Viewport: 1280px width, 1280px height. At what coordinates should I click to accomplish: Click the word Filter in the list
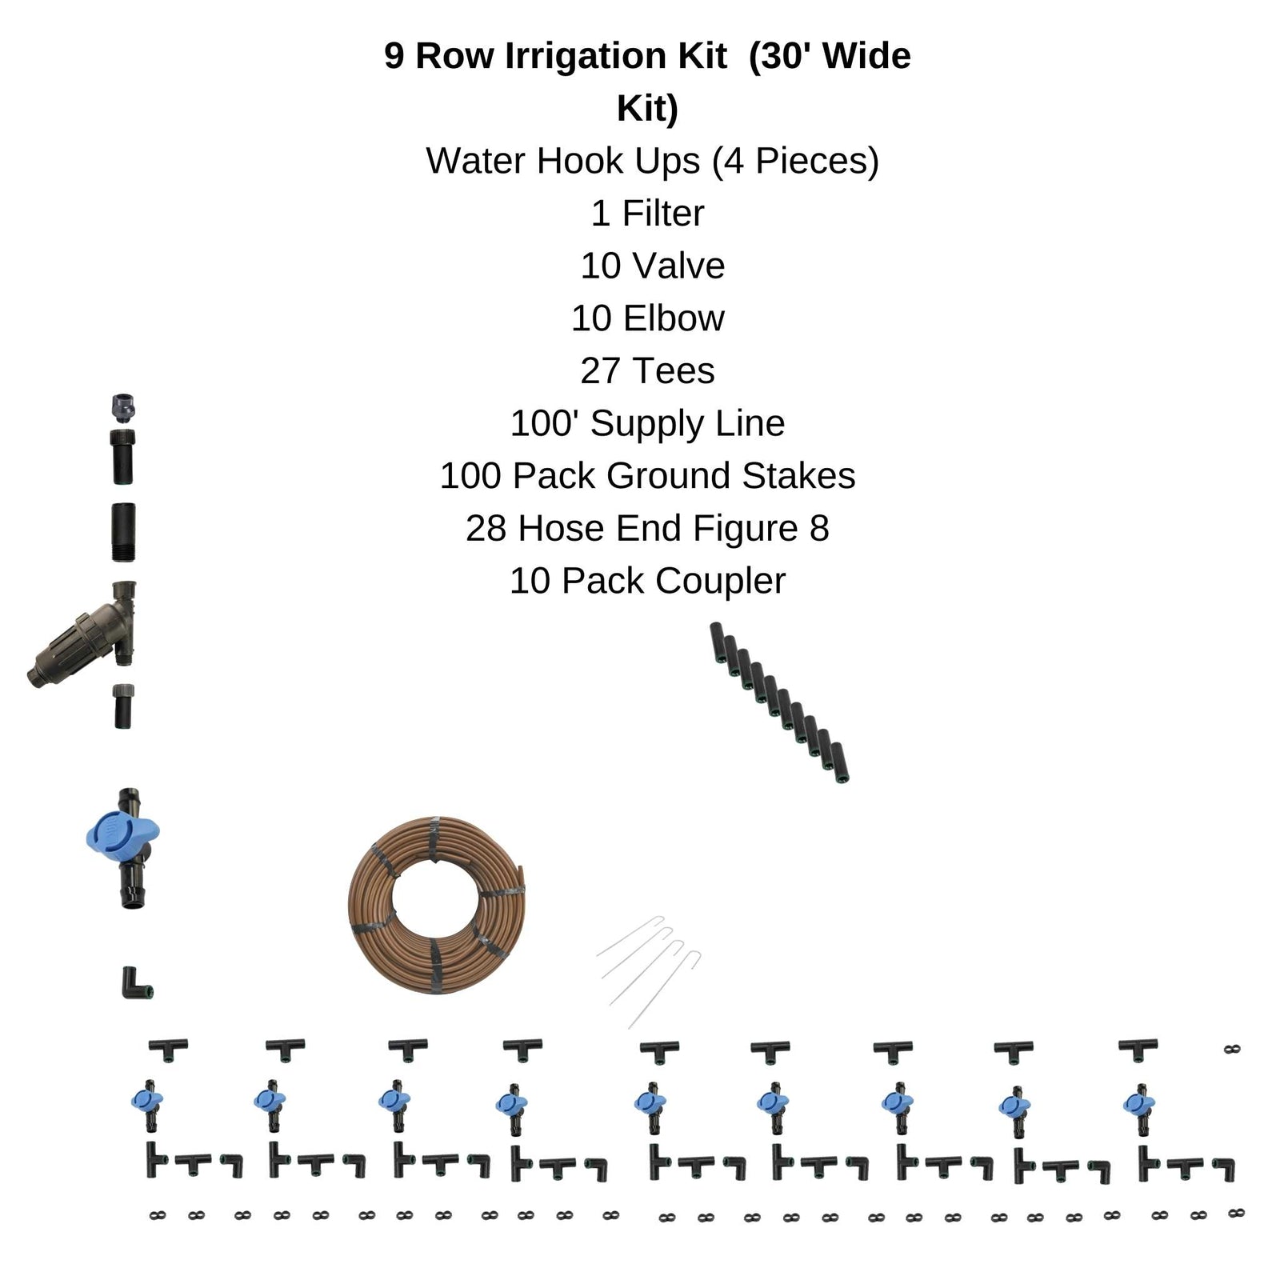point(663,214)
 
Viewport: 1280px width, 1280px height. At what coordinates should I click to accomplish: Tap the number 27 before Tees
point(599,371)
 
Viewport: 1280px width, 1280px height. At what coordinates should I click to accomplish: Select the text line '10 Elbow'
point(647,318)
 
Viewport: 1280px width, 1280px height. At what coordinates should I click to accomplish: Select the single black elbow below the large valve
point(134,983)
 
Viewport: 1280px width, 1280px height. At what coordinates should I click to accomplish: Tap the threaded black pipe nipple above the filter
point(123,532)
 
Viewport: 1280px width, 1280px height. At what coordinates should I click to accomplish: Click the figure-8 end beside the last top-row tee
point(1232,1049)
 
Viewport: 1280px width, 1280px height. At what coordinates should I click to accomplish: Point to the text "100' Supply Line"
point(647,423)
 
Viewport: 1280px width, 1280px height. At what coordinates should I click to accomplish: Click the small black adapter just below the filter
point(122,706)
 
